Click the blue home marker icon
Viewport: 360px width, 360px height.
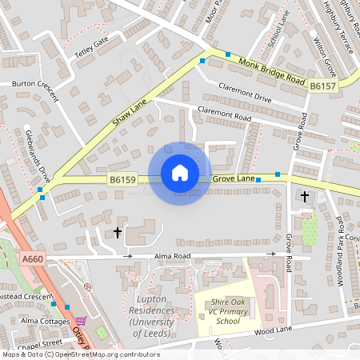pyautogui.click(x=180, y=173)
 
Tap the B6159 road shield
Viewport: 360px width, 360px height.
pyautogui.click(x=123, y=181)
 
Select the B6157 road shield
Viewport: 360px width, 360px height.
pyautogui.click(x=322, y=86)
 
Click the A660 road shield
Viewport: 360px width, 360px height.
pyautogui.click(x=33, y=259)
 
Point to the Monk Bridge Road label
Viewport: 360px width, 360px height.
pyautogui.click(x=272, y=70)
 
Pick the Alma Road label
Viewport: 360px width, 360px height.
pyautogui.click(x=170, y=256)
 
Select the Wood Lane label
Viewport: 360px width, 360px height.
pyautogui.click(x=273, y=329)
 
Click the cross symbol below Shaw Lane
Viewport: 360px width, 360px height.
pyautogui.click(x=118, y=233)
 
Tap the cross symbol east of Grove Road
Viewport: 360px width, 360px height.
pyautogui.click(x=304, y=196)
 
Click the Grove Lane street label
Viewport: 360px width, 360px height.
pyautogui.click(x=234, y=178)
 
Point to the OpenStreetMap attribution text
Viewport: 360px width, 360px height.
pyautogui.click(x=80, y=354)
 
